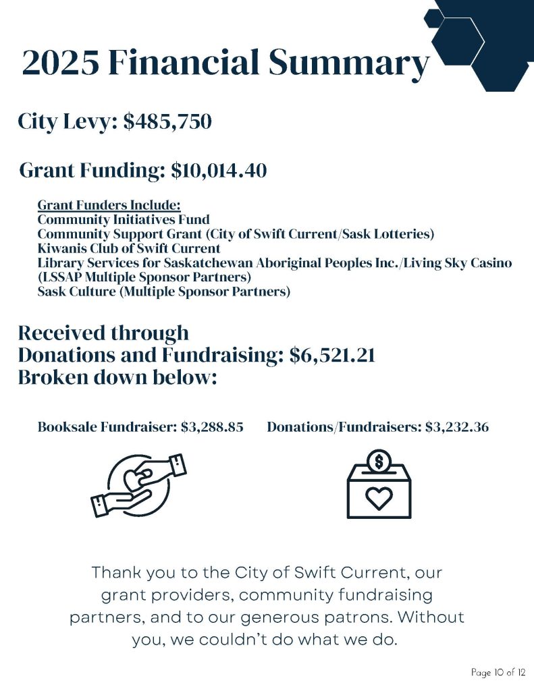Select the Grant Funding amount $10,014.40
pos(219,171)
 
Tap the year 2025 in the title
pos(60,63)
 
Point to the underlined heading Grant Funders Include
pos(109,204)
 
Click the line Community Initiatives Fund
pos(124,219)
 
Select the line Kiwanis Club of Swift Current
pos(129,248)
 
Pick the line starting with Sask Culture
pos(163,292)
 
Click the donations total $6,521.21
pos(331,355)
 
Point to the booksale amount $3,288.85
pos(212,427)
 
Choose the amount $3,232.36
pos(457,427)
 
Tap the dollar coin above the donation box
pos(379,462)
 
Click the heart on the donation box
pos(379,498)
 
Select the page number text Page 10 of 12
pos(498,673)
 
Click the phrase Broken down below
pos(117,377)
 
